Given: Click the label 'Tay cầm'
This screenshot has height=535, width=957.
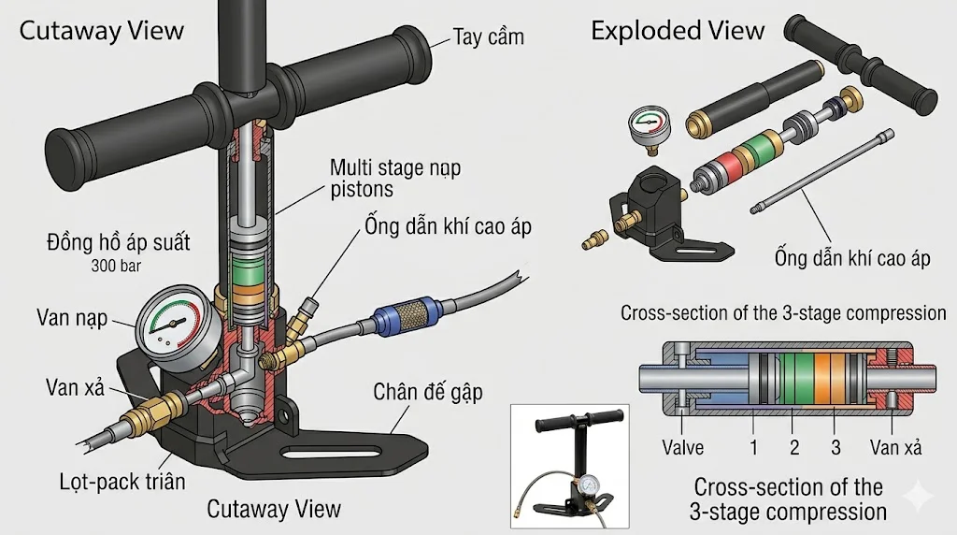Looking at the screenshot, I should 488,37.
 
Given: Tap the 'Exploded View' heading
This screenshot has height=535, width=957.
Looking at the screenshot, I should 678,31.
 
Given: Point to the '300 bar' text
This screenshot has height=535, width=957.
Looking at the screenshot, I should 118,266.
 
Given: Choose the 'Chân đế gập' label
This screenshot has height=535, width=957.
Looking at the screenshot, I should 428,391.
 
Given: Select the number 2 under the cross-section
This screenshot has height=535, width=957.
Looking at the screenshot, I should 794,447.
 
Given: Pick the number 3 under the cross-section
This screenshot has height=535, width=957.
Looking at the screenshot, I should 836,447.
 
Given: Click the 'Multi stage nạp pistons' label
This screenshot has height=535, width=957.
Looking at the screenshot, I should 394,179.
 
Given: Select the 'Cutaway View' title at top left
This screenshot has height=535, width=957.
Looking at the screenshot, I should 102,30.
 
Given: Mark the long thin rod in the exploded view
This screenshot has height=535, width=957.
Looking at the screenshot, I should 823,174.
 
